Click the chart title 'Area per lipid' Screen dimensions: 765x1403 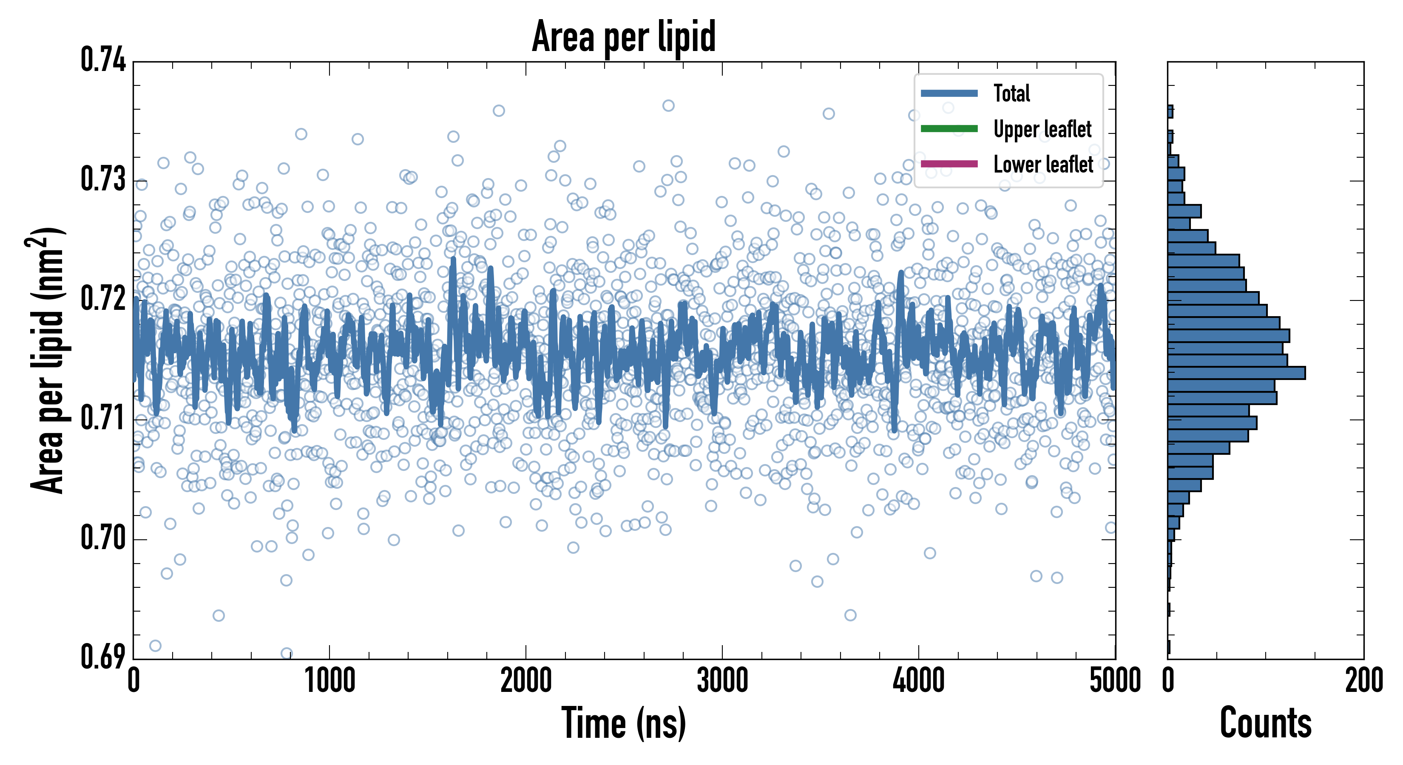click(x=624, y=37)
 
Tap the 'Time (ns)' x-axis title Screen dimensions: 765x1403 click(x=624, y=723)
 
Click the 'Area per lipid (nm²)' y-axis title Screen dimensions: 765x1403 click(x=48, y=360)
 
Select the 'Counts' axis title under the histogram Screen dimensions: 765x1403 click(x=1265, y=723)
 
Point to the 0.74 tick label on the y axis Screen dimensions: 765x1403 click(x=103, y=60)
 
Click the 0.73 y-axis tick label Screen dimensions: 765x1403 click(x=103, y=180)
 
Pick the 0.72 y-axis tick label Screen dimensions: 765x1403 click(x=103, y=299)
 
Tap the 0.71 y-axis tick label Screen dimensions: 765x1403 click(x=103, y=419)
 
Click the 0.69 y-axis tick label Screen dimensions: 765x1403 click(x=103, y=657)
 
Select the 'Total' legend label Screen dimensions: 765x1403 click(x=1011, y=93)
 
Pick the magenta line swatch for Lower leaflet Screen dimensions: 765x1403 click(x=949, y=164)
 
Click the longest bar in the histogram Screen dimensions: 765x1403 click(x=1236, y=373)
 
